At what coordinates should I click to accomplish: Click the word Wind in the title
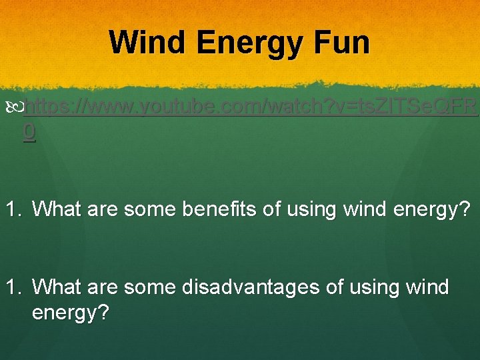tap(148, 43)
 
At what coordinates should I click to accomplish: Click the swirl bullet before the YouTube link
tap(17, 107)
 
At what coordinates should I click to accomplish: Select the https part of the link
tap(48, 107)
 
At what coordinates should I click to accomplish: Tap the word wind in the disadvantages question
tap(427, 288)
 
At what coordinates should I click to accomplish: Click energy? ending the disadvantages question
tap(71, 313)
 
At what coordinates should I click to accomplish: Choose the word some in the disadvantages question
tap(146, 288)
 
